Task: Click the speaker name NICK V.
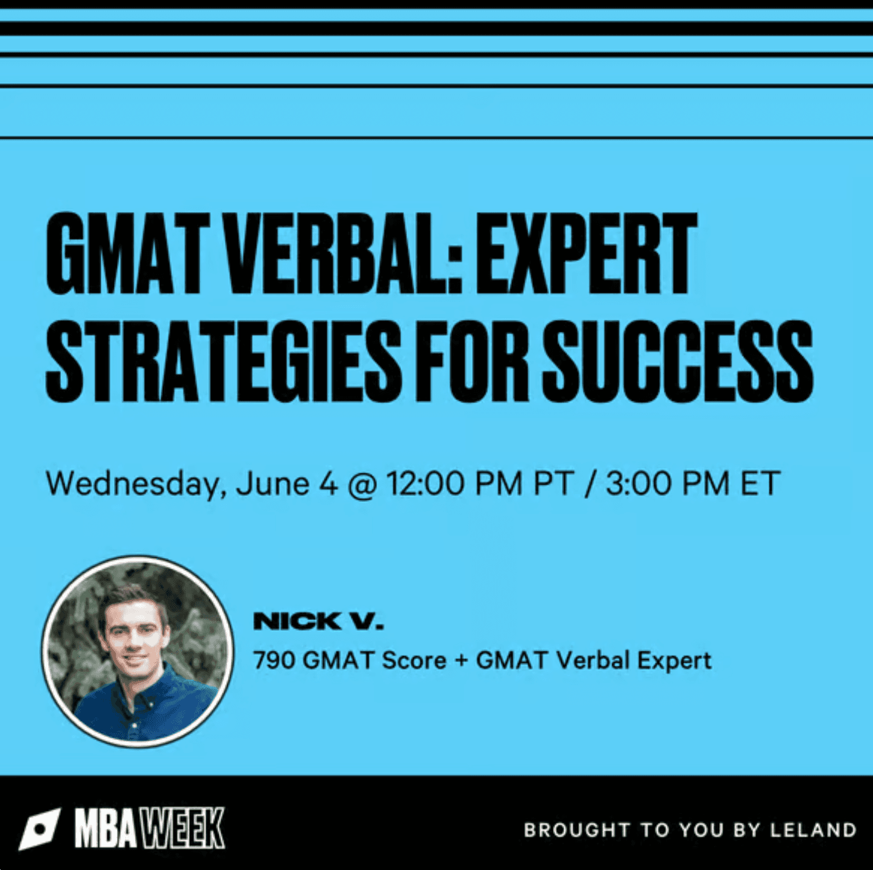click(x=318, y=621)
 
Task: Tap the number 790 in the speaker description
click(x=274, y=660)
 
